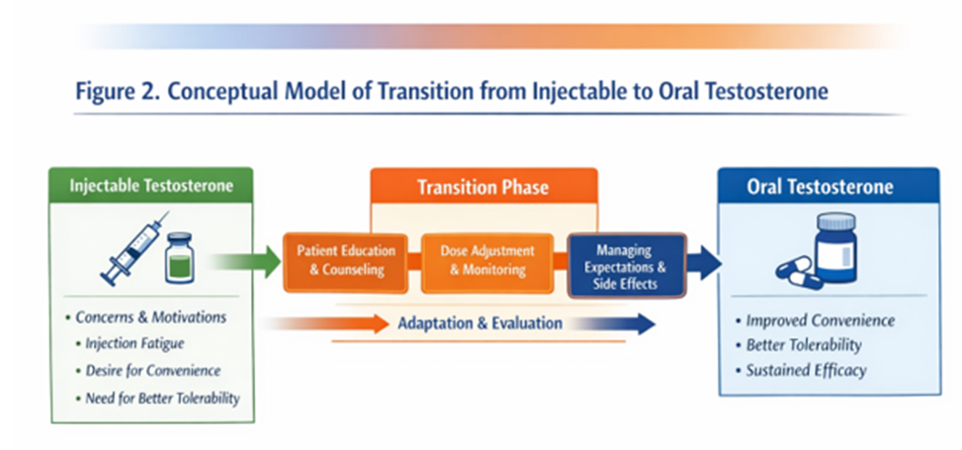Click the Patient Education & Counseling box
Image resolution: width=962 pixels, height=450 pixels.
345,260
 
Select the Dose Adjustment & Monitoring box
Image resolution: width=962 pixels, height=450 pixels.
486,260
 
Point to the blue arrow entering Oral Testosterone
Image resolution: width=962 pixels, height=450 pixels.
705,263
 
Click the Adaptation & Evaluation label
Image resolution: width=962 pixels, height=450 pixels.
480,323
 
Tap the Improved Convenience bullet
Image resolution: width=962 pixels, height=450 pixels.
820,320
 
